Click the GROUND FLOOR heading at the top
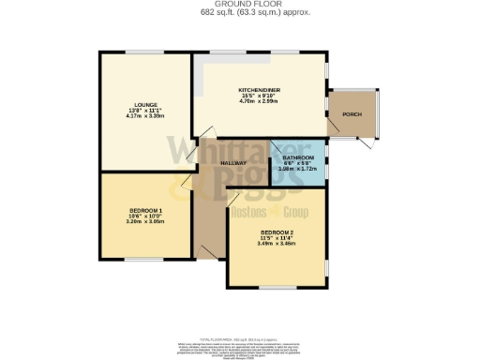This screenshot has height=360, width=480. pyautogui.click(x=240, y=4)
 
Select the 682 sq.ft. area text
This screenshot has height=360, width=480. pyautogui.click(x=240, y=11)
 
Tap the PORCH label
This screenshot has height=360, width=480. pyautogui.click(x=352, y=114)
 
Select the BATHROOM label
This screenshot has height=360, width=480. pyautogui.click(x=297, y=157)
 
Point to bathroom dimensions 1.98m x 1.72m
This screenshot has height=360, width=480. pyautogui.click(x=297, y=169)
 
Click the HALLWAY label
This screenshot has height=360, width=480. pyautogui.click(x=233, y=163)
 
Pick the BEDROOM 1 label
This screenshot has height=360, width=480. pyautogui.click(x=146, y=210)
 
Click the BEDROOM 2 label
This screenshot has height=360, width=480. pyautogui.click(x=277, y=232)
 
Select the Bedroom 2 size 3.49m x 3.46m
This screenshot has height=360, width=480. pyautogui.click(x=277, y=243)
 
